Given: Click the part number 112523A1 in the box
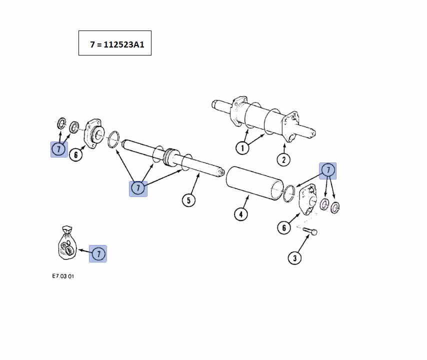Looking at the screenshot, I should click(x=124, y=44).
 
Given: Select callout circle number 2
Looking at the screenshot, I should click(x=283, y=159).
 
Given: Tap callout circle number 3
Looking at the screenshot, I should click(x=294, y=258).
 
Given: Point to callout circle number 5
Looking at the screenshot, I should click(x=188, y=200).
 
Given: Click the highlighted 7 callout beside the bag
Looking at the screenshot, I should click(x=98, y=253).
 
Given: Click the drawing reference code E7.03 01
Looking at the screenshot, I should click(x=63, y=275).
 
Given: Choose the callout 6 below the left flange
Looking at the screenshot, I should click(x=75, y=154).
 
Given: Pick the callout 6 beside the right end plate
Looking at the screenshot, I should click(x=283, y=227).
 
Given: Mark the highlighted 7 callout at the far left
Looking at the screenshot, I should click(x=59, y=148).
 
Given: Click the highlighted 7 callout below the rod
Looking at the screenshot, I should click(x=138, y=188).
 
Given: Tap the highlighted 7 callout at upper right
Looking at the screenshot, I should click(x=328, y=170).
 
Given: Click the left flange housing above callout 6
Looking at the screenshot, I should click(x=94, y=132).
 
